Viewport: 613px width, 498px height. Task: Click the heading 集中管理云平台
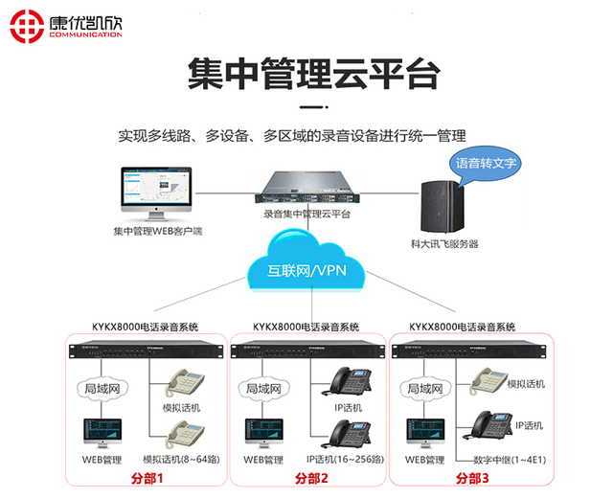(306, 74)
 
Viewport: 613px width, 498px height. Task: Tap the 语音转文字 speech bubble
(486, 163)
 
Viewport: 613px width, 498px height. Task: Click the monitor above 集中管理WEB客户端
(156, 192)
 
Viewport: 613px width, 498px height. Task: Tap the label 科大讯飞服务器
(444, 244)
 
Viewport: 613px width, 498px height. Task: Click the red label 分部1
(148, 479)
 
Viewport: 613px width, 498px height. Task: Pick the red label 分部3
(471, 479)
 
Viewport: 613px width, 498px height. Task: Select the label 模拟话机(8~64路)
(181, 460)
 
